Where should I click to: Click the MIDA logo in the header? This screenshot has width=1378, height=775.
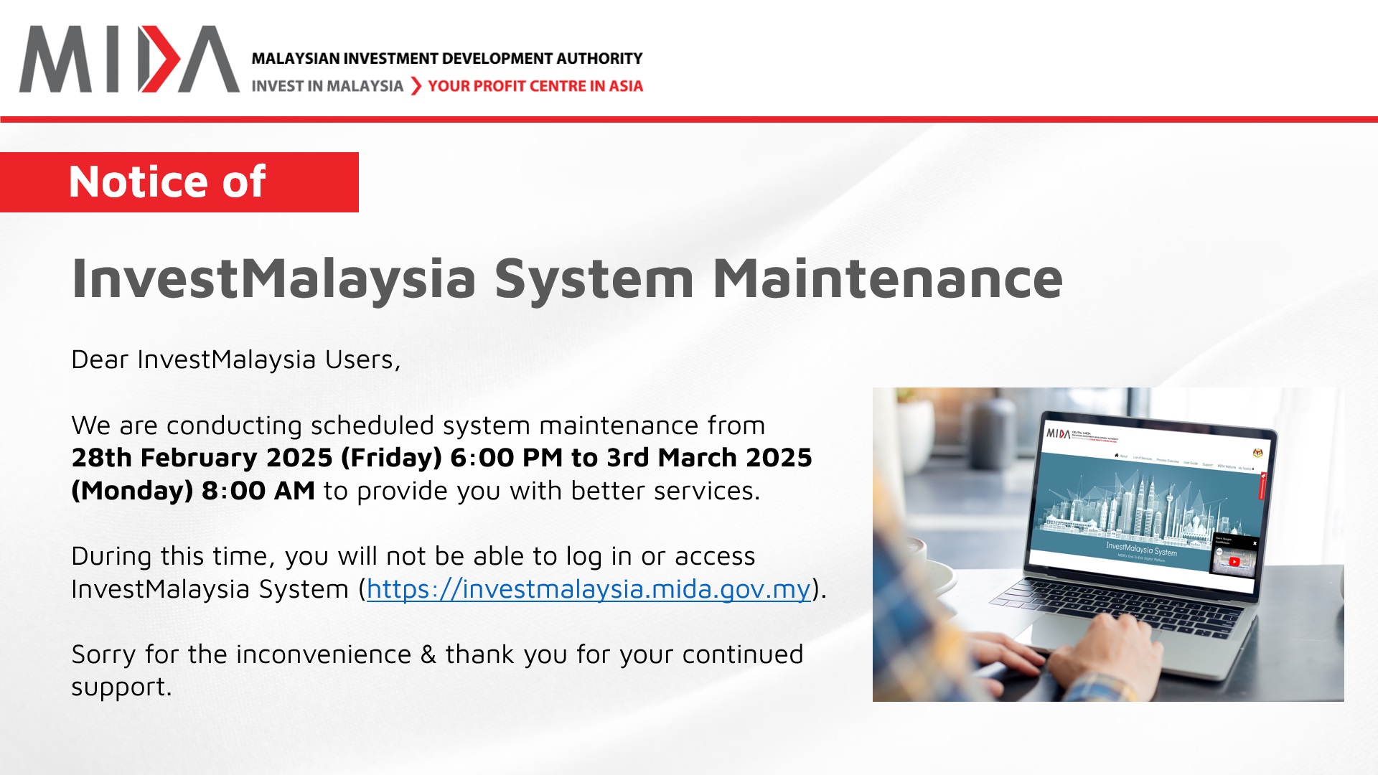click(x=129, y=60)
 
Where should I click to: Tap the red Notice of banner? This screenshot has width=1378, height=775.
click(x=179, y=182)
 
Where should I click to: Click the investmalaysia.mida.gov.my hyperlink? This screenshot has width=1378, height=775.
click(x=589, y=589)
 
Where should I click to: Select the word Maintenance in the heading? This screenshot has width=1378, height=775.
click(x=887, y=278)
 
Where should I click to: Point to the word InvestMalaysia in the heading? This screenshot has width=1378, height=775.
click(x=273, y=278)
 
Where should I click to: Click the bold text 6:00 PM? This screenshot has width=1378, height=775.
click(x=506, y=458)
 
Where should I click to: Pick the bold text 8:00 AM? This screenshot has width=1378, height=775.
click(x=258, y=491)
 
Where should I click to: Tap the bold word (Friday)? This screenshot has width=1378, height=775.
click(x=391, y=458)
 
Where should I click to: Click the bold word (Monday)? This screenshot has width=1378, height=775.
click(x=132, y=491)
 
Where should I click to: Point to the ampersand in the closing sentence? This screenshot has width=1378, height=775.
click(x=428, y=654)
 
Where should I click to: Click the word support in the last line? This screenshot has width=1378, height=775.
click(x=121, y=687)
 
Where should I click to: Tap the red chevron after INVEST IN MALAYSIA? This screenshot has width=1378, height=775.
click(x=416, y=86)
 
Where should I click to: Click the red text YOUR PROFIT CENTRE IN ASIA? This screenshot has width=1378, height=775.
click(x=535, y=86)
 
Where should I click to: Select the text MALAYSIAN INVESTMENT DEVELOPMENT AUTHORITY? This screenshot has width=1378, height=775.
click(x=446, y=59)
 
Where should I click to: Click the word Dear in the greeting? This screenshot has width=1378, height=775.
click(x=99, y=360)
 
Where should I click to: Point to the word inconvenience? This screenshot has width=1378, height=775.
click(x=323, y=654)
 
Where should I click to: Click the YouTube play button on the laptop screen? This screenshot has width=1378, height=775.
click(x=1233, y=561)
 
